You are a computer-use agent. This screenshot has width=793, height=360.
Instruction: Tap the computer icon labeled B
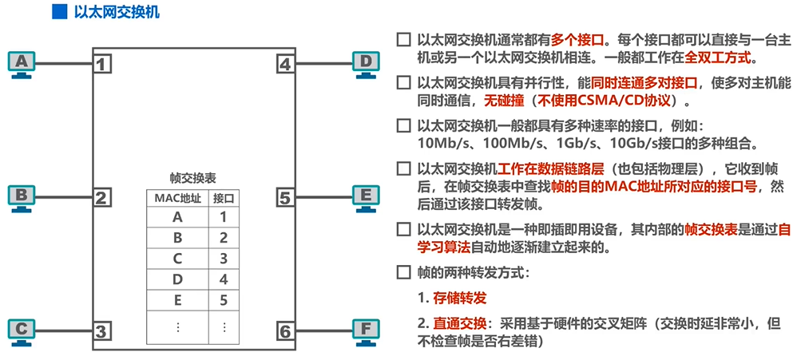point(22,196)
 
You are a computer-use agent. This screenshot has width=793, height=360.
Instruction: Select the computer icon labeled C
point(22,330)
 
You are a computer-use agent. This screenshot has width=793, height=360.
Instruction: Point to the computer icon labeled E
point(364,196)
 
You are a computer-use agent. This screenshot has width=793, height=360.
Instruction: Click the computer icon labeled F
point(364,330)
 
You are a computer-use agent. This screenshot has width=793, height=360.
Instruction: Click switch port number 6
point(285,330)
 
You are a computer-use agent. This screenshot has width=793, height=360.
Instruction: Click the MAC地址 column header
point(176,197)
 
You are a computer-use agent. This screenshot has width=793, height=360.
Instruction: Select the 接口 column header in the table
point(224,197)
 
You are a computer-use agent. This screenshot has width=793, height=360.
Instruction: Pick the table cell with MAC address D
point(177,279)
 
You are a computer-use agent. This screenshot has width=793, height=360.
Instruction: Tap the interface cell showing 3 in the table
point(224,258)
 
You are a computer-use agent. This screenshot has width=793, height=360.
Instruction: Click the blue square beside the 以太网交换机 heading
point(57,11)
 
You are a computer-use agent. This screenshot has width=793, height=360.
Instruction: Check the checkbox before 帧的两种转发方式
point(403,271)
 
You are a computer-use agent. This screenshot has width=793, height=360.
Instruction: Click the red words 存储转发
point(460,298)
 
